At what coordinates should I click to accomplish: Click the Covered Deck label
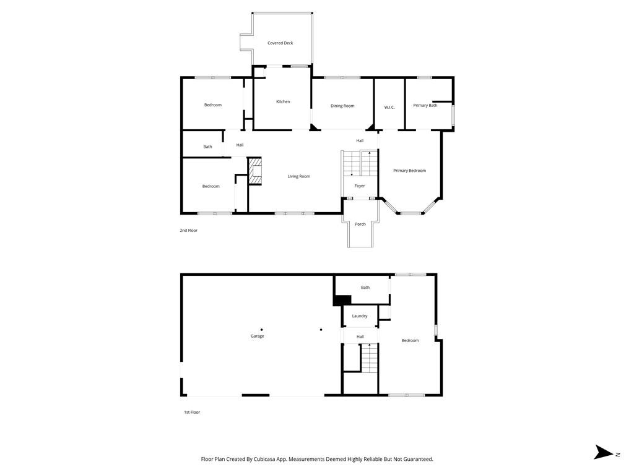(280, 43)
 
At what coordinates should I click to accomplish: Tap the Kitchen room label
(283, 101)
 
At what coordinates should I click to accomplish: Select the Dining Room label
(342, 106)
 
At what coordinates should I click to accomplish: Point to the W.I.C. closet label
(389, 108)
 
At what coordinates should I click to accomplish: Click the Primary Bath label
(425, 105)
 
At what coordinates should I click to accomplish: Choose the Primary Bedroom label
(409, 171)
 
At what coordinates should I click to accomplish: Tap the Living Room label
(298, 176)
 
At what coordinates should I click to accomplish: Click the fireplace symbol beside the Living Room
(255, 171)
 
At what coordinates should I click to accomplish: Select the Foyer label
(360, 186)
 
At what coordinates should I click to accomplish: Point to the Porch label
(360, 224)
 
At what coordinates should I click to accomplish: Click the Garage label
(258, 336)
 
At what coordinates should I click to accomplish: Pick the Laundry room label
(360, 316)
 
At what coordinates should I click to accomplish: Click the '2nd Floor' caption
(189, 230)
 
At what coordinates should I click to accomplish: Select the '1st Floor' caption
(192, 412)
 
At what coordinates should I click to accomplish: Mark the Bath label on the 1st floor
(365, 287)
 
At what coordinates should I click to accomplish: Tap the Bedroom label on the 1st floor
(410, 340)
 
